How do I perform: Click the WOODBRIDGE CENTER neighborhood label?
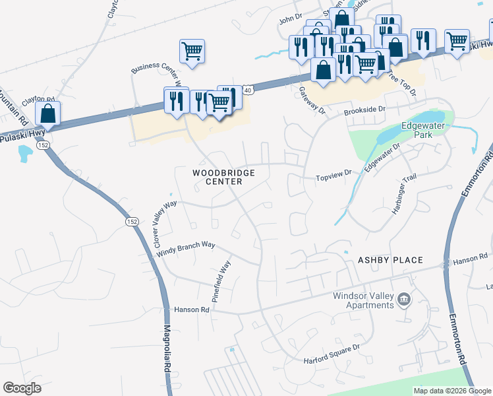223,177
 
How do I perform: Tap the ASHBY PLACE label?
390,260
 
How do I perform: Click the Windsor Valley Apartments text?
363,300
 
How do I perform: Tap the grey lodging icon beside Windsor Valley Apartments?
404,300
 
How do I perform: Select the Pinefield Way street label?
221,282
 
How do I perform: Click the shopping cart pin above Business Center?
192,50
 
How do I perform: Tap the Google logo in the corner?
22,388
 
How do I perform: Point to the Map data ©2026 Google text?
451,391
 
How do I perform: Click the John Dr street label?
290,20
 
